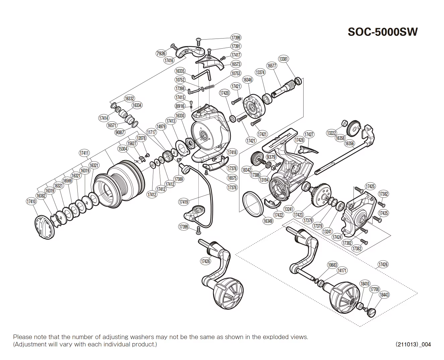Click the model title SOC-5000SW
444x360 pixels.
(x=383, y=32)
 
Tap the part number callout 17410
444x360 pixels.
(x=31, y=201)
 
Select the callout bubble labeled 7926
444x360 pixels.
(x=161, y=53)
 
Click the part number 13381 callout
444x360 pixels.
(x=283, y=59)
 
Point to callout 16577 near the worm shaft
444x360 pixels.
(x=271, y=66)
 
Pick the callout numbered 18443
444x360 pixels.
(x=384, y=295)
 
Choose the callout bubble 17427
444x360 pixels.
(x=309, y=134)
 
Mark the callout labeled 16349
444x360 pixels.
(x=268, y=221)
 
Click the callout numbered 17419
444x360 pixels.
(x=183, y=202)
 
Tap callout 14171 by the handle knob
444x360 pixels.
(x=342, y=271)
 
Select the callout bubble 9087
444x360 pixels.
(x=120, y=132)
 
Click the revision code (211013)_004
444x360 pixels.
(x=413, y=344)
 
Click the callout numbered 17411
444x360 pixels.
(x=84, y=153)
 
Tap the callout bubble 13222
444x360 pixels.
(x=331, y=133)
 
